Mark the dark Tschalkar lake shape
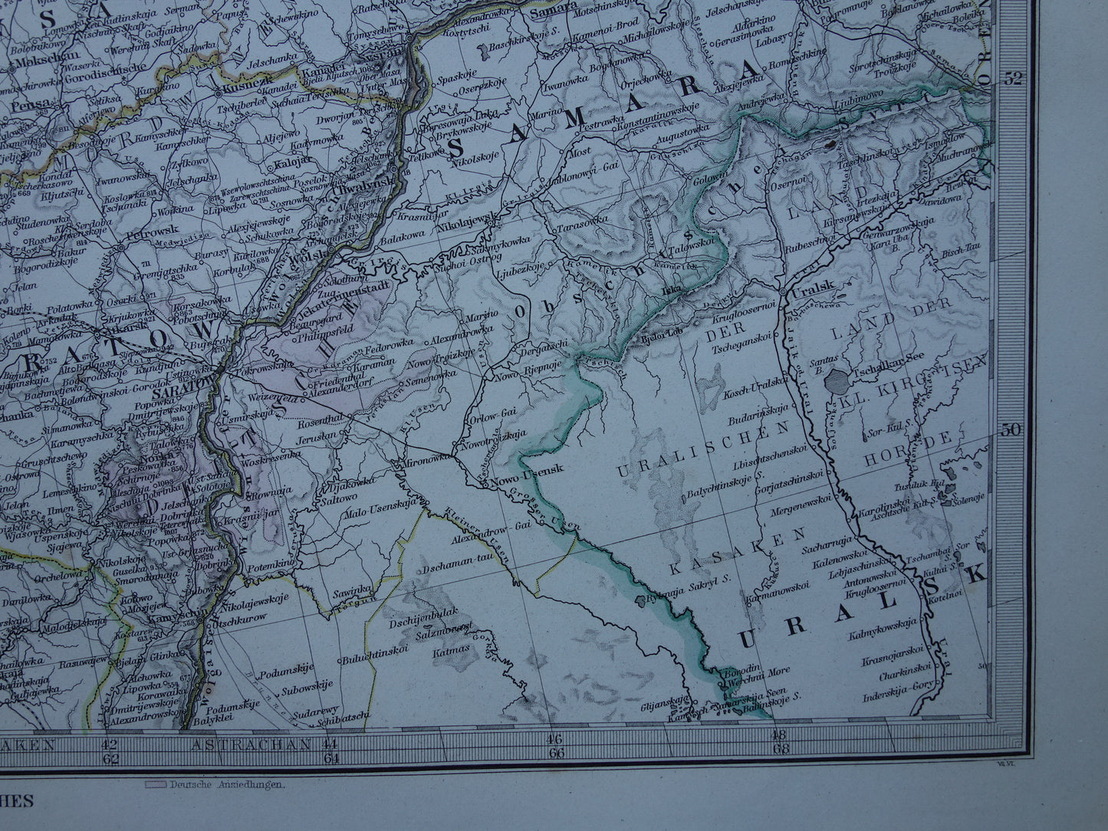click(x=840, y=380)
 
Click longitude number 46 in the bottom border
click(x=554, y=738)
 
